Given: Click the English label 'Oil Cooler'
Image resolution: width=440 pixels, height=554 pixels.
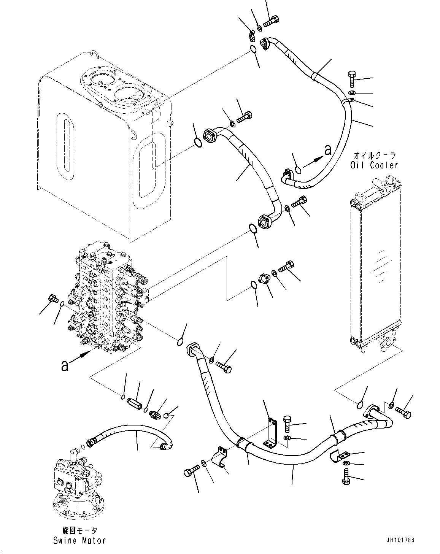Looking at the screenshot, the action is coord(374,165).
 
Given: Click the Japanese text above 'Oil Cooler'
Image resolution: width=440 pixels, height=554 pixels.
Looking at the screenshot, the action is coord(375,155).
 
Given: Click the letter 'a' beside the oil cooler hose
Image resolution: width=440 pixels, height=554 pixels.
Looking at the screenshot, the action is coord(327,150).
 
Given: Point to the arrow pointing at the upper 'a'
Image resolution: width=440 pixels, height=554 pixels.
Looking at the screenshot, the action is coord(313,162).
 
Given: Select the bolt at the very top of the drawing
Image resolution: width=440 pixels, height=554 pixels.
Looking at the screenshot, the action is coord(271,22).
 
